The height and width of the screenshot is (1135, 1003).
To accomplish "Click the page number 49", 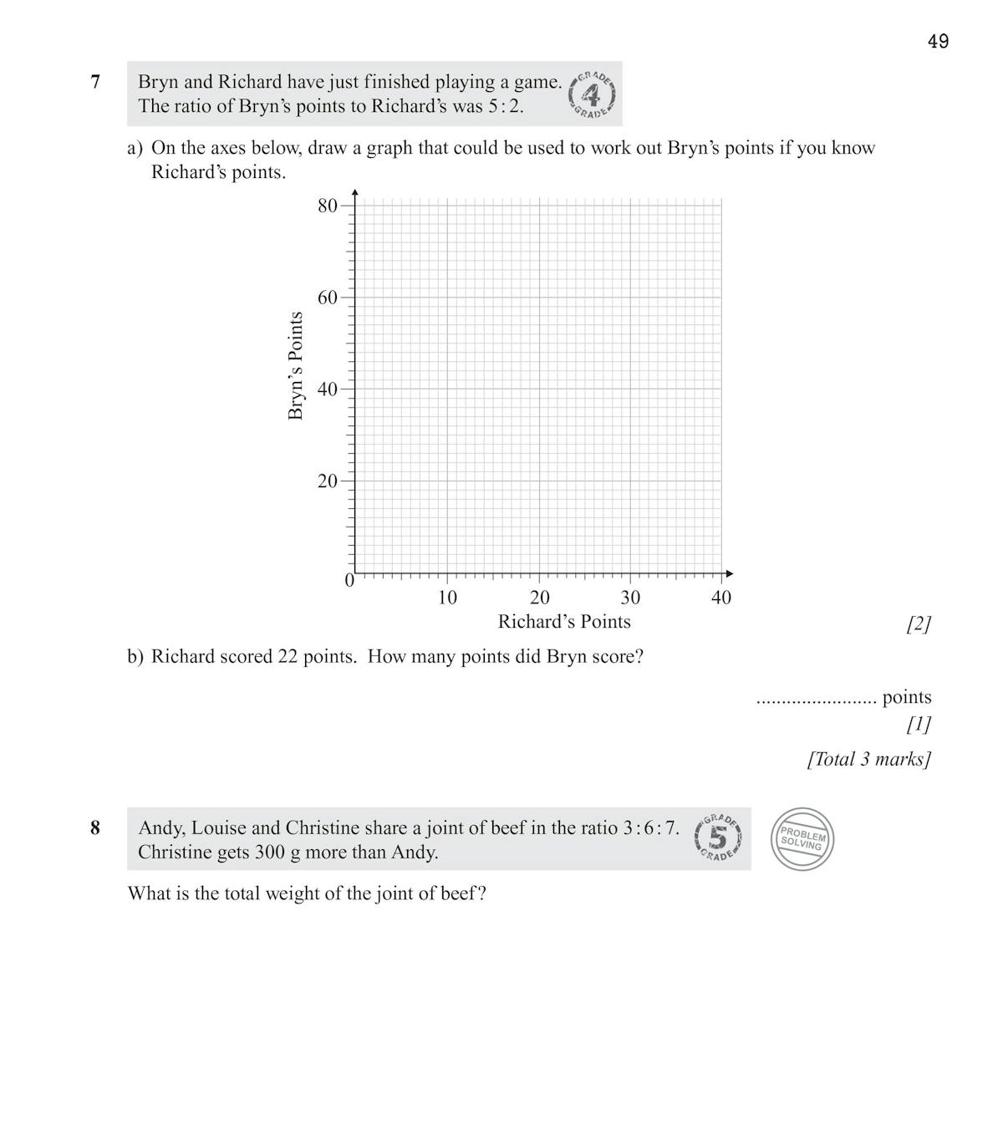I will (938, 41).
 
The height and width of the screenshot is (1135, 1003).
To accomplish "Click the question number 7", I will (95, 82).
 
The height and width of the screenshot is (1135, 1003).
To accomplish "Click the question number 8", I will (95, 827).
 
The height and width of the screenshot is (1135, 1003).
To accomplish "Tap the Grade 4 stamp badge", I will (593, 94).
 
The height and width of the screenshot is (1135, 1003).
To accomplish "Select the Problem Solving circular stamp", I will (802, 839).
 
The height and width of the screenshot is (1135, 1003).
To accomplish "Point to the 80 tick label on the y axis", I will (327, 206).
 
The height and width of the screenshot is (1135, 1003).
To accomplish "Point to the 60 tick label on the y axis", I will (327, 298).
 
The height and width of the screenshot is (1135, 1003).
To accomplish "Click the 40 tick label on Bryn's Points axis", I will (327, 389).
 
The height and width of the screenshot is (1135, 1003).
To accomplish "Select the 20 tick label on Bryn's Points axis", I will (327, 481).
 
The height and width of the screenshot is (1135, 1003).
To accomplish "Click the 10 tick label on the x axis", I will (447, 598).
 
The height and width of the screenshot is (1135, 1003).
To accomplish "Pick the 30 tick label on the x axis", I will (630, 598).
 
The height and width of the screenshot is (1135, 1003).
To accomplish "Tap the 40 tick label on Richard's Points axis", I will (721, 598).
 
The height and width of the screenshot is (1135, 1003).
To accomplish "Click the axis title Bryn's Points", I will (295, 366).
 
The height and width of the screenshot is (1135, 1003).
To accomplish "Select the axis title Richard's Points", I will (564, 622).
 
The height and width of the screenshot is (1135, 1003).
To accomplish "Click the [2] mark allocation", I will (918, 623).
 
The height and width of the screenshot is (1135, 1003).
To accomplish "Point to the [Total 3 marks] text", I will (868, 759).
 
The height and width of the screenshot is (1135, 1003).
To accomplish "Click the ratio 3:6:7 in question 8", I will (650, 828).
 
